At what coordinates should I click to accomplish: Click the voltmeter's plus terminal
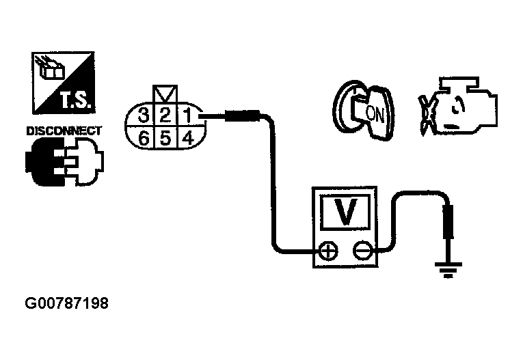pyautogui.click(x=329, y=252)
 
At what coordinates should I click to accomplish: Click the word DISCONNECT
pyautogui.click(x=64, y=130)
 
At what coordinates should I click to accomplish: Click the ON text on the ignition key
pyautogui.click(x=375, y=113)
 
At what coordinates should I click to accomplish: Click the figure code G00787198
pyautogui.click(x=67, y=301)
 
